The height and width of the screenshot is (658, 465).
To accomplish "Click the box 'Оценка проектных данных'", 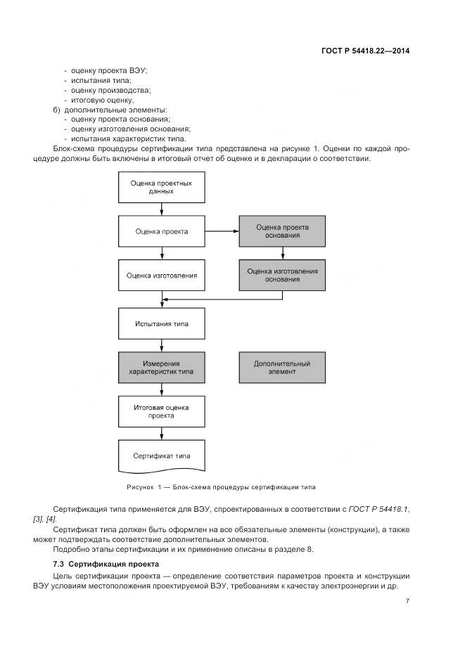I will click(x=162, y=187).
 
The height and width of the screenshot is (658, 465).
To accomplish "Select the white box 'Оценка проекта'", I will click(x=162, y=231).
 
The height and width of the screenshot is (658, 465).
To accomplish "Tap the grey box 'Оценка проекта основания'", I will click(x=282, y=231).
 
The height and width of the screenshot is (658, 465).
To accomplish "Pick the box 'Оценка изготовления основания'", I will click(x=282, y=275).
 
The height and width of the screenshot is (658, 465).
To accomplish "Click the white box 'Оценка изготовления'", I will click(x=162, y=275).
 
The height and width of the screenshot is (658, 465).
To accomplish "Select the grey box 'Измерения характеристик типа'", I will click(x=162, y=368).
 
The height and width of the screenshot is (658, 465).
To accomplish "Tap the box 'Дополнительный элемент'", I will click(x=282, y=368).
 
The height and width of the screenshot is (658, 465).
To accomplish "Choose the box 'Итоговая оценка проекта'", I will click(x=162, y=411).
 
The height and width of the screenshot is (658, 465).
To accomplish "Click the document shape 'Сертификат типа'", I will click(x=162, y=455).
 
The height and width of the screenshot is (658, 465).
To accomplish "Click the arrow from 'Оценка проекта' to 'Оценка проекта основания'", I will click(x=222, y=231).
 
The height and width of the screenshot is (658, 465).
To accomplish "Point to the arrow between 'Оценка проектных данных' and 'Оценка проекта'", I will click(x=162, y=209).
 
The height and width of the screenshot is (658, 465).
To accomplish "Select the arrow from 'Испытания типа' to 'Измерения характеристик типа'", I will click(x=162, y=346).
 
